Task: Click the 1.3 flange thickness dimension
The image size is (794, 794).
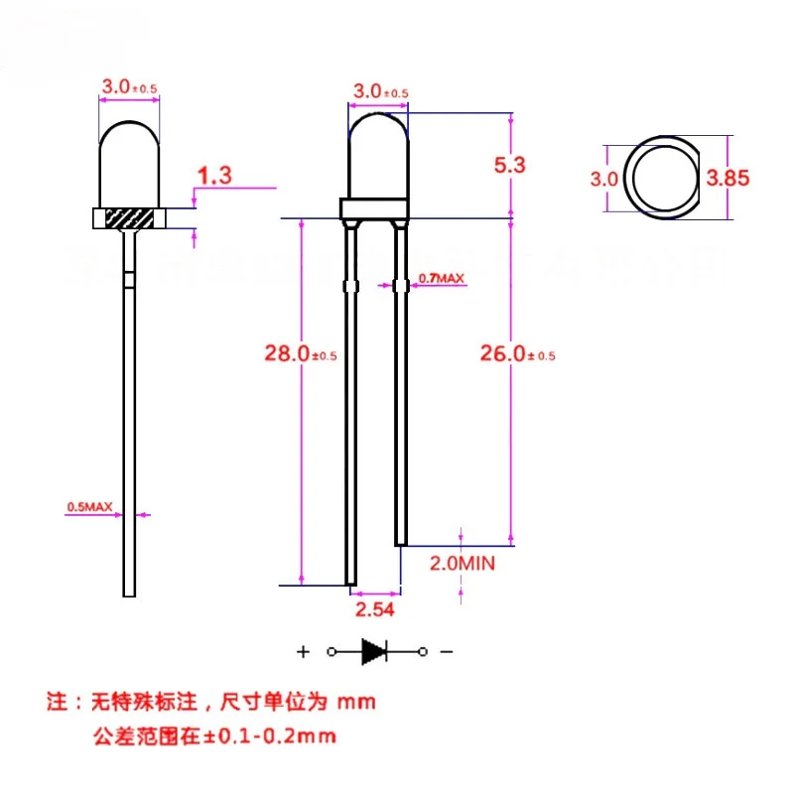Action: (x=213, y=177)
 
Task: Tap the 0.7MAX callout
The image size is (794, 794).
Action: (x=441, y=279)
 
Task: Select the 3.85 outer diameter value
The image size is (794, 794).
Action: (x=728, y=179)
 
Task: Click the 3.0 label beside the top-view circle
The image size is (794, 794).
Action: (x=604, y=179)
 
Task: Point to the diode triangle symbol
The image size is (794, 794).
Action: (x=374, y=651)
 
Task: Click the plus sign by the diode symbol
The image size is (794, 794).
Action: (x=302, y=652)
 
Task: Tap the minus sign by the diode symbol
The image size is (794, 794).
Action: (x=447, y=652)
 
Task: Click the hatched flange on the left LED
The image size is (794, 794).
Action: (x=128, y=218)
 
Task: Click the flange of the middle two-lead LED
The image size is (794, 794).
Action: (x=374, y=208)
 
